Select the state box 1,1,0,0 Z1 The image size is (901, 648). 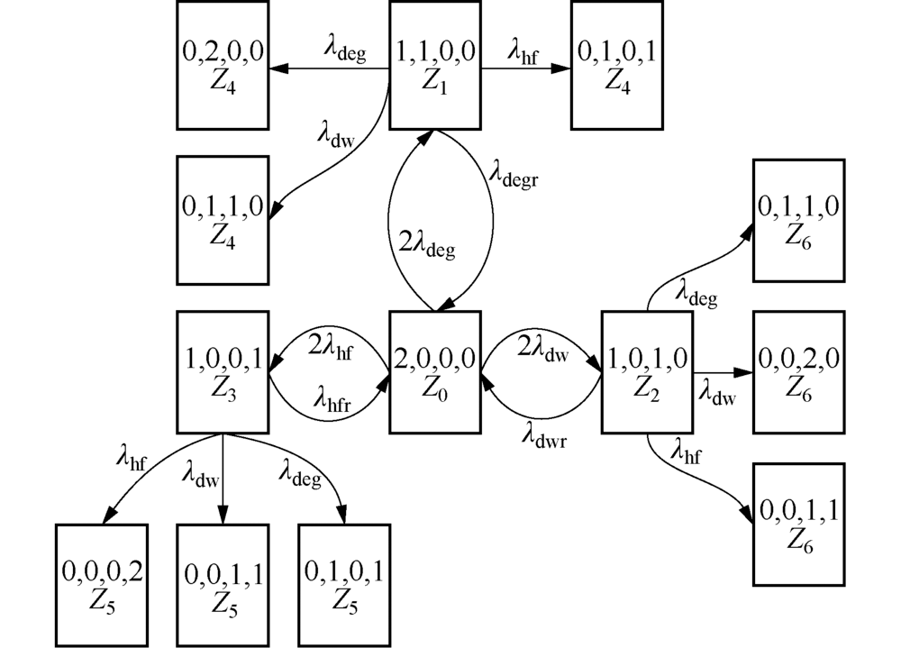pyautogui.click(x=435, y=66)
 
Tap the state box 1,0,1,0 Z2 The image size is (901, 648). pyautogui.click(x=648, y=371)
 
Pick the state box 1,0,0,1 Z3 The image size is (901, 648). pyautogui.click(x=223, y=372)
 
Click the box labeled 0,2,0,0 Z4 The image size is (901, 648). pyautogui.click(x=223, y=66)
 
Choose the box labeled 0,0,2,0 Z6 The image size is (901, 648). pyautogui.click(x=797, y=371)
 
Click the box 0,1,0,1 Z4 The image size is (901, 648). pyautogui.click(x=615, y=66)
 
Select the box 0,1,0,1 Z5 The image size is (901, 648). pyautogui.click(x=345, y=583)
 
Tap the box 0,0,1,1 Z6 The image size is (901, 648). pyautogui.click(x=797, y=525)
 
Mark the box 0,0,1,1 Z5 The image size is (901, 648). pyautogui.click(x=223, y=583)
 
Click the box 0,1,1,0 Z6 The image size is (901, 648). pyautogui.click(x=797, y=221)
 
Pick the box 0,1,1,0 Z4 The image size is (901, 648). pyautogui.click(x=223, y=220)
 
